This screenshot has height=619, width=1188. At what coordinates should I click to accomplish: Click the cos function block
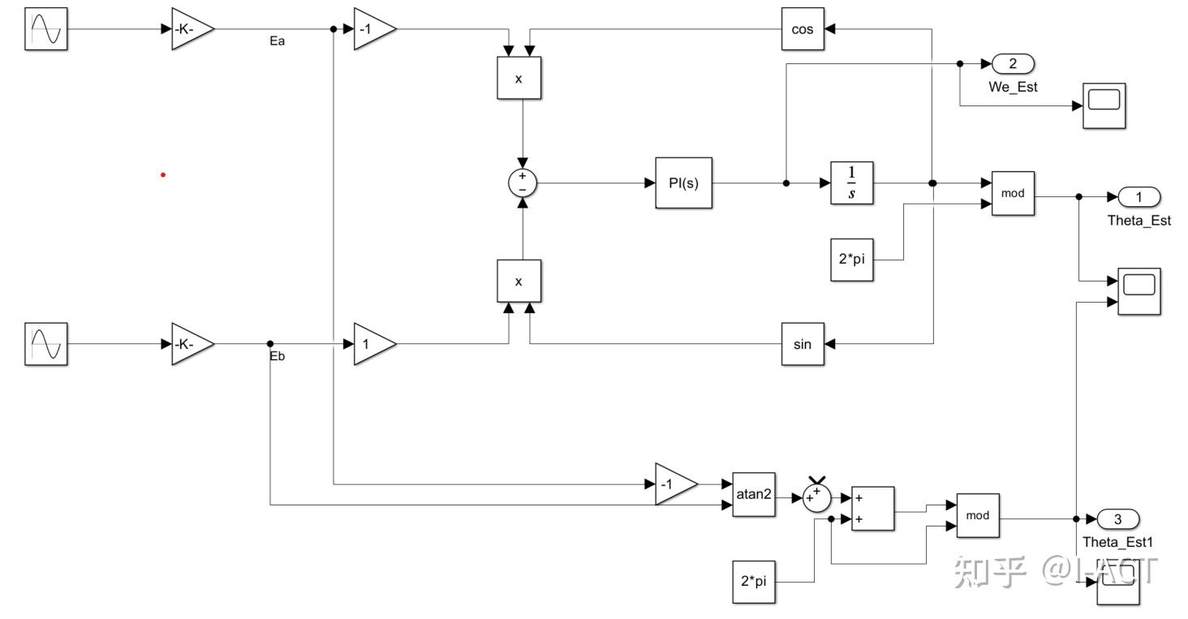[803, 28]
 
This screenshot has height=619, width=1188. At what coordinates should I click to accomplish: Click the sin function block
[803, 344]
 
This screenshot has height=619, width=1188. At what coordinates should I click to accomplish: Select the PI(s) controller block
[683, 183]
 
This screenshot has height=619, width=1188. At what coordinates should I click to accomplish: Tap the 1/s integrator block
[852, 183]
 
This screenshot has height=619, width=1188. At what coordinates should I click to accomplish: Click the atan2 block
[754, 494]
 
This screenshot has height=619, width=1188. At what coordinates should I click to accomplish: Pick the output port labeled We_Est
[1012, 64]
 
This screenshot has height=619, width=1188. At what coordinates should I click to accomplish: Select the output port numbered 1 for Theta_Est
[1138, 196]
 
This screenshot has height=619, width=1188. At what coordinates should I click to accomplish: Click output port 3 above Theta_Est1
[1117, 518]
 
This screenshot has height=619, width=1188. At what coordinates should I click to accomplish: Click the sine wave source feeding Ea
[45, 28]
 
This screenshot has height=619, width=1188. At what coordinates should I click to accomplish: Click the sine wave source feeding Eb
[45, 344]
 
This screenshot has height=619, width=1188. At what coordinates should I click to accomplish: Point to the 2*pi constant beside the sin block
[852, 260]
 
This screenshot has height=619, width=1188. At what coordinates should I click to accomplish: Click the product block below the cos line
[519, 78]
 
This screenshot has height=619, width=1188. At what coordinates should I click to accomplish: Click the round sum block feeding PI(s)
[523, 183]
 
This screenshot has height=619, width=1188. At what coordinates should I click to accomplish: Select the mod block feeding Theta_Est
[1013, 194]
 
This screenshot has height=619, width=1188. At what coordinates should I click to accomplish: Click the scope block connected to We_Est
[1104, 105]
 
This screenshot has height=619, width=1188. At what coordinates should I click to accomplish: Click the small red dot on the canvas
[163, 174]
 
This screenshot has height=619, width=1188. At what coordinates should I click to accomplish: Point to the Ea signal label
[278, 41]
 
